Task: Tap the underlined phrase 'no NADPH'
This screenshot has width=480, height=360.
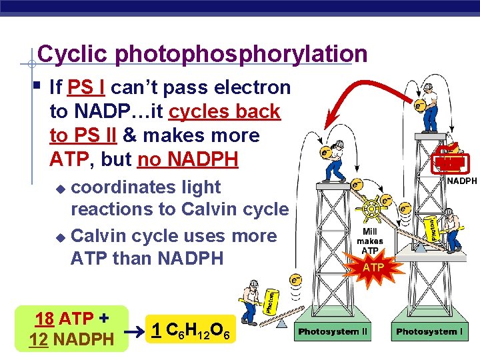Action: (187, 159)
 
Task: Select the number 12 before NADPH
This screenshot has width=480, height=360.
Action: (38, 339)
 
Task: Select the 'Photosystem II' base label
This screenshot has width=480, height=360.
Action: (333, 331)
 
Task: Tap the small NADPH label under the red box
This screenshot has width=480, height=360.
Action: (461, 181)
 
